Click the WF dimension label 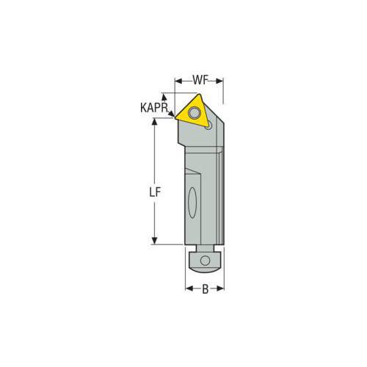200,80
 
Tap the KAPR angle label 154,108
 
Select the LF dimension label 155,192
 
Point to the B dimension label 205,289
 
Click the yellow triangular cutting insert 192,112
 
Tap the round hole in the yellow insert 195,113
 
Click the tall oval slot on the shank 192,203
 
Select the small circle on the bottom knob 205,261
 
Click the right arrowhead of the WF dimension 219,81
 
